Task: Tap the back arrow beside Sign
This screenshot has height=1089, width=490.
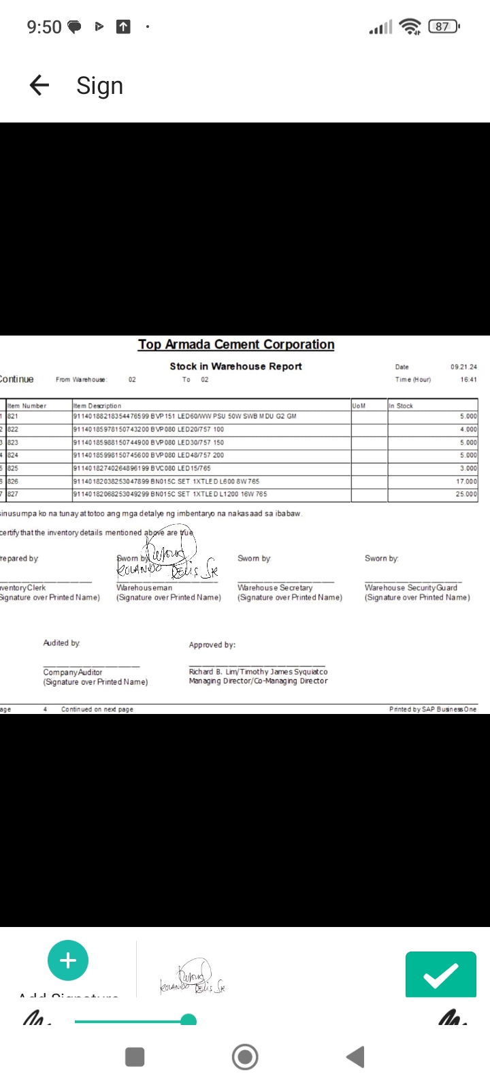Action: coord(39,85)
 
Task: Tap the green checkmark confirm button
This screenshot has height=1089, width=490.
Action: coord(440,975)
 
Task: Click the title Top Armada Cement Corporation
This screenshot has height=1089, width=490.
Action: coord(236,344)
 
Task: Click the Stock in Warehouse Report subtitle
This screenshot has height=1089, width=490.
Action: coord(235,366)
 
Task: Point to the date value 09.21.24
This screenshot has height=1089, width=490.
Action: coord(463,367)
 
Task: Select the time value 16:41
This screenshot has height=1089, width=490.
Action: coord(468,380)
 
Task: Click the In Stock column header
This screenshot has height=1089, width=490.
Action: coord(401,406)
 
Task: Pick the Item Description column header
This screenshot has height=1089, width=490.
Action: coord(97,406)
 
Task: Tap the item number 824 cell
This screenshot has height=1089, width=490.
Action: coord(13,455)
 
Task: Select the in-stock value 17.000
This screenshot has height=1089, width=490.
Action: coord(466,481)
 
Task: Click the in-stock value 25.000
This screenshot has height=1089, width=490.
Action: coord(466,494)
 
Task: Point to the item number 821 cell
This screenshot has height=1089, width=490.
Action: coord(13,416)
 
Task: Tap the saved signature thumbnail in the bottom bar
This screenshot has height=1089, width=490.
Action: coord(193,978)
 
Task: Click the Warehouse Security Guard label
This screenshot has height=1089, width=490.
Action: coord(411,587)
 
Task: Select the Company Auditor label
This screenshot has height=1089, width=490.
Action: coord(73,672)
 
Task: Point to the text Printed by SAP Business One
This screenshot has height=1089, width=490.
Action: coord(433,709)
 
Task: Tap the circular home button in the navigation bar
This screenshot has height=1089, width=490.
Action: coord(245,1057)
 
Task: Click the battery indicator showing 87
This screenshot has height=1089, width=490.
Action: coord(444,27)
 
